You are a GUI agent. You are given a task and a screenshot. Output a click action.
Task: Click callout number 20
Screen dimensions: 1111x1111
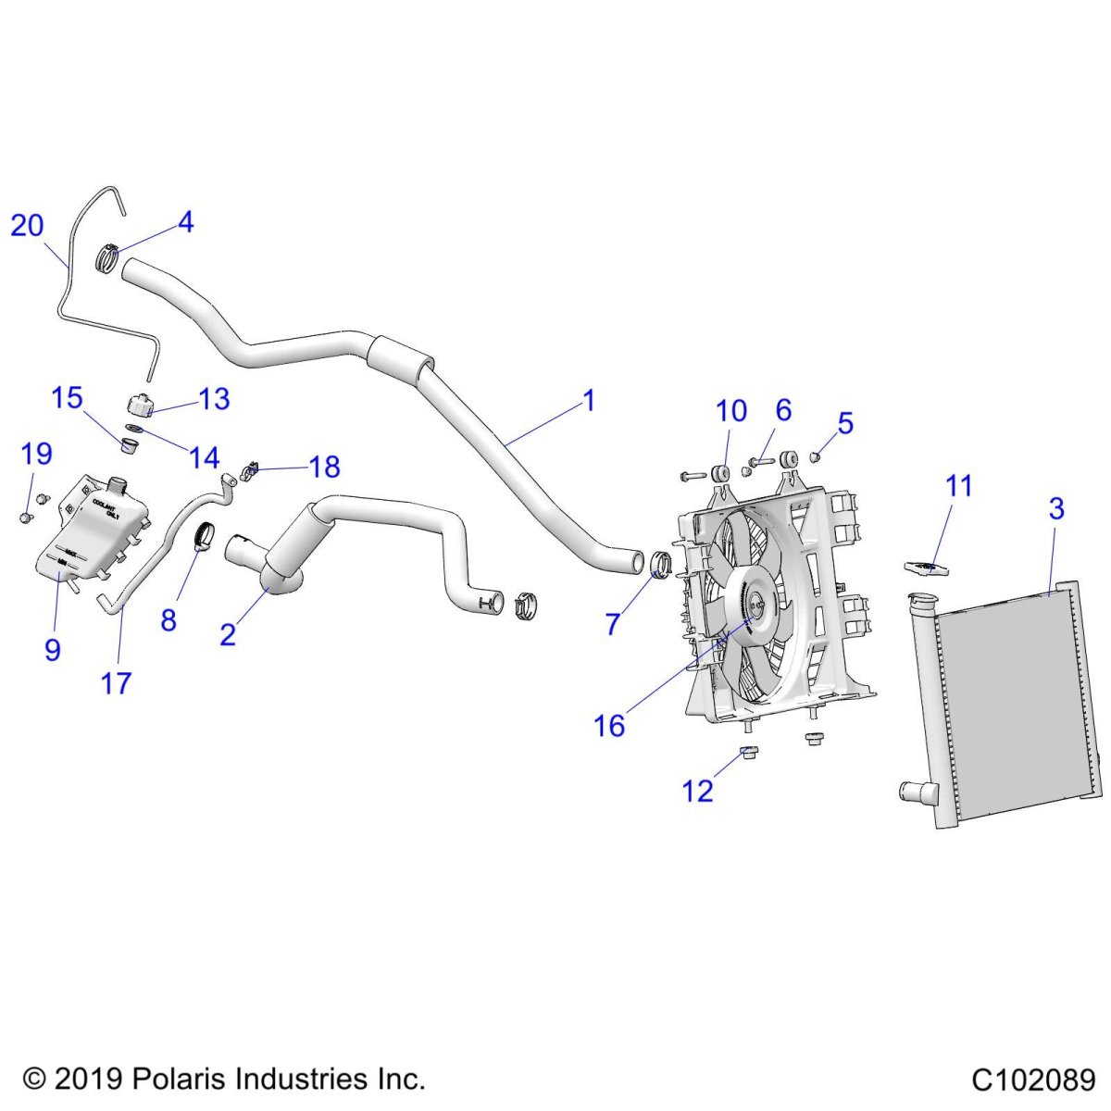[27, 225]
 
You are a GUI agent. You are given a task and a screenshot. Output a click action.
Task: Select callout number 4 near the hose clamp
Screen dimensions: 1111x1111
[186, 222]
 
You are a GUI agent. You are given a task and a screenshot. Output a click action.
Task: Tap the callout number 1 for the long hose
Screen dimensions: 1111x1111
[588, 402]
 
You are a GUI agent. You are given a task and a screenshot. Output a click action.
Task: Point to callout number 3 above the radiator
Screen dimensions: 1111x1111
[1055, 508]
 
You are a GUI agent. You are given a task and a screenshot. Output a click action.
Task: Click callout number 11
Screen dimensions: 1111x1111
[959, 485]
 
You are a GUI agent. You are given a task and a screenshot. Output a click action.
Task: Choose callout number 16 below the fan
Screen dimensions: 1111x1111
[609, 726]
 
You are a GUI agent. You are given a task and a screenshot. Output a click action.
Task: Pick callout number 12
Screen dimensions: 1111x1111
[697, 791]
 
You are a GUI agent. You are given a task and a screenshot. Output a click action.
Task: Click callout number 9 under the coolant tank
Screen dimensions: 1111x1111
[53, 649]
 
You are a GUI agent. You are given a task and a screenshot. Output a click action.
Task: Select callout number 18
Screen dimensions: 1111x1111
[324, 467]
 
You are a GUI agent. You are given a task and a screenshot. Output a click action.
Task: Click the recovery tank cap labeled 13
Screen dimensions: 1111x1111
[139, 405]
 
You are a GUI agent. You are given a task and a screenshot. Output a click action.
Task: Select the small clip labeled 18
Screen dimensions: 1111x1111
[250, 472]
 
